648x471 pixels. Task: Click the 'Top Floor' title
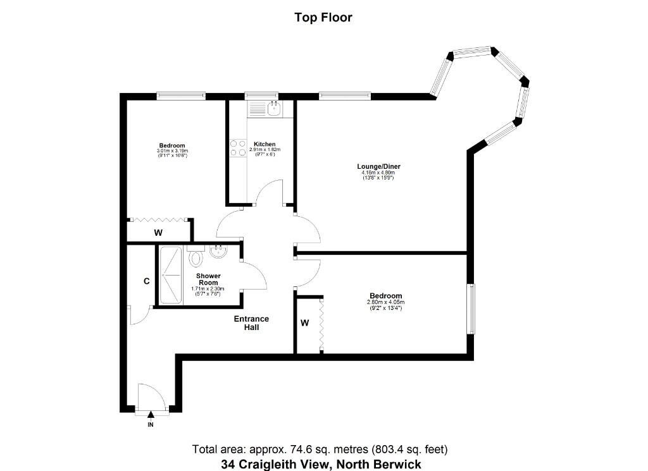pyautogui.click(x=323, y=17)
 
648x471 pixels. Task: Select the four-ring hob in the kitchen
pyautogui.click(x=238, y=148)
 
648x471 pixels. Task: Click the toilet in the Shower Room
pyautogui.click(x=196, y=256)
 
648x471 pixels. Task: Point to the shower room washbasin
pyautogui.click(x=218, y=252)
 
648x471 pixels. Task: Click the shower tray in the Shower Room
pyautogui.click(x=171, y=275)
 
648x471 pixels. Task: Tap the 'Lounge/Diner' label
pyautogui.click(x=378, y=166)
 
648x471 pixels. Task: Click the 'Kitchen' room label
pyautogui.click(x=265, y=144)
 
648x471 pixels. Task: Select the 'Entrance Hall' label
pyautogui.click(x=251, y=323)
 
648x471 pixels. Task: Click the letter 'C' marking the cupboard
pyautogui.click(x=146, y=281)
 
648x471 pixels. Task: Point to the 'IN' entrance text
pyautogui.click(x=151, y=424)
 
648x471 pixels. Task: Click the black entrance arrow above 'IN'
pyautogui.click(x=151, y=415)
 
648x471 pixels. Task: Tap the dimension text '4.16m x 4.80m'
pyautogui.click(x=378, y=173)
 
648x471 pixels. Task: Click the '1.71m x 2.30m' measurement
pyautogui.click(x=208, y=289)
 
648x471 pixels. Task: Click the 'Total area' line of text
pyautogui.click(x=320, y=449)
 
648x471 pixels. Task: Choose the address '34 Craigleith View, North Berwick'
pyautogui.click(x=321, y=464)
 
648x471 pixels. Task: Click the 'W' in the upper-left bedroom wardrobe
pyautogui.click(x=158, y=233)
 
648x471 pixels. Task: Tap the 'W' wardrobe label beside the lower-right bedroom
pyautogui.click(x=304, y=323)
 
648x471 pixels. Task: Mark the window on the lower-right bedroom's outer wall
pyautogui.click(x=471, y=309)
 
